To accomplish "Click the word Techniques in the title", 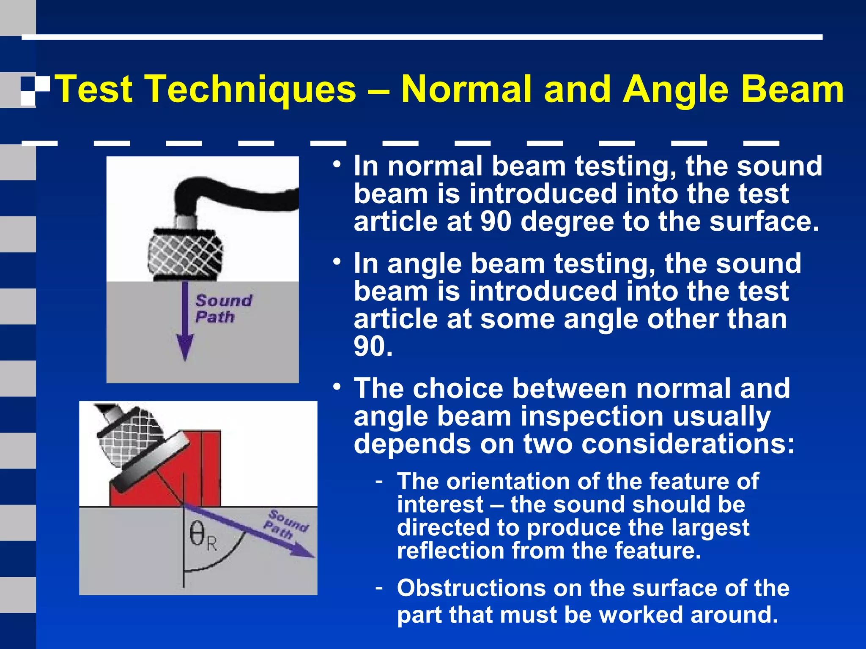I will pos(252,89).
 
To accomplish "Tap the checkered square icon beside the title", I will pos(35,90).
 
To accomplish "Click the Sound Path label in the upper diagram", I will pos(223,309).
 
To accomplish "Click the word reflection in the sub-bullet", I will pos(450,551).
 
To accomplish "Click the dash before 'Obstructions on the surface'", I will pos(379,587).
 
